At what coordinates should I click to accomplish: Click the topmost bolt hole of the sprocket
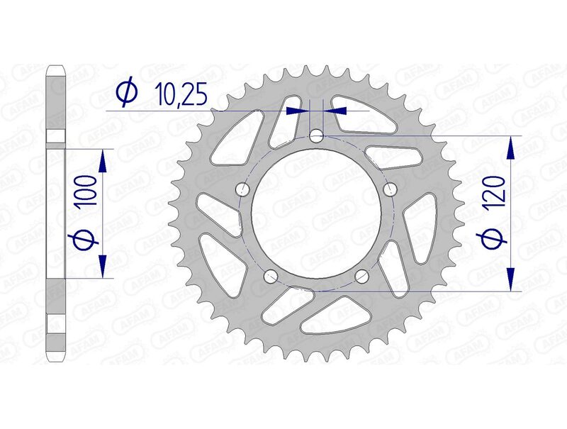click(318, 135)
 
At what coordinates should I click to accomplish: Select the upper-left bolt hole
click(243, 189)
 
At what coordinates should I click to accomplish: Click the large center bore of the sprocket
click(318, 213)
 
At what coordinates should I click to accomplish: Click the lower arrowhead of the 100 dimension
click(103, 267)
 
